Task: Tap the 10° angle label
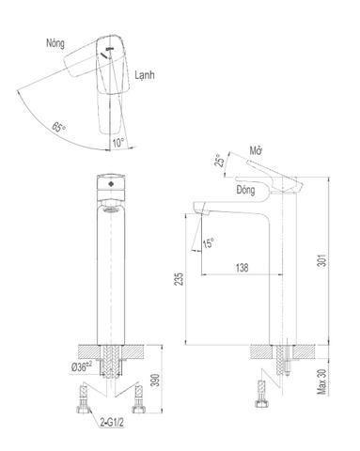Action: (117, 142)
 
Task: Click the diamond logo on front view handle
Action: (111, 185)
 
